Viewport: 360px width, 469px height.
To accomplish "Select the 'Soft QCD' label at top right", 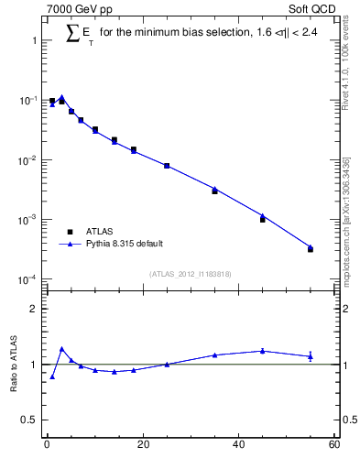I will (x=311, y=8).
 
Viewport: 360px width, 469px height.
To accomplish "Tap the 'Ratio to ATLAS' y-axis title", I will (x=14, y=364).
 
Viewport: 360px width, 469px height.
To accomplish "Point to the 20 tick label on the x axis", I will (x=142, y=445).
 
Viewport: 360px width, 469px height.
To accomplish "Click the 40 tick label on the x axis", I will (x=238, y=445).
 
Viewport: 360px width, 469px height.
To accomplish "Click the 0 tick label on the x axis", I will (x=47, y=445).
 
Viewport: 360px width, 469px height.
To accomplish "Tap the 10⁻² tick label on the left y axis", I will (x=28, y=160).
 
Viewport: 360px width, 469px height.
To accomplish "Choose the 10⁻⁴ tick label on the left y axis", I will (x=28, y=279).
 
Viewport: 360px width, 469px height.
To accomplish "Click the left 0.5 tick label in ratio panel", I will (x=29, y=420).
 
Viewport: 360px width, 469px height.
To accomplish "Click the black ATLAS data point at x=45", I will (x=262, y=219).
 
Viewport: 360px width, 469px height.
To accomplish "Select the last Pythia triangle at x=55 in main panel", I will (x=311, y=247).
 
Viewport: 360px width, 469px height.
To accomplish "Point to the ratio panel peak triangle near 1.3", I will (x=61, y=349).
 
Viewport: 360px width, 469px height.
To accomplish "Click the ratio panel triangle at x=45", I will (x=262, y=351).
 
